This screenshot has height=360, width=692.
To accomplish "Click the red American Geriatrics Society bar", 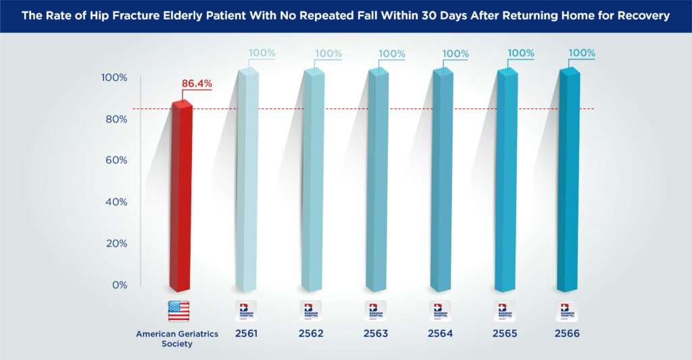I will [182, 196].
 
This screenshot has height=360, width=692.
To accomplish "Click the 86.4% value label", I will [197, 84].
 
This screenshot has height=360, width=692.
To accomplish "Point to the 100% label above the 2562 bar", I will [328, 53].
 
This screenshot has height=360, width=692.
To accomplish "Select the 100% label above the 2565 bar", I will [521, 53].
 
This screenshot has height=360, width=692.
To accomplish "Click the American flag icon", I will [178, 311].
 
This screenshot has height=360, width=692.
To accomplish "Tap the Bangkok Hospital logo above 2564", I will [440, 311].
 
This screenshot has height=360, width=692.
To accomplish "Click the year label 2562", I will [310, 334].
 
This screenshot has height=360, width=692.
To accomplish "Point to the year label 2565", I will [505, 334].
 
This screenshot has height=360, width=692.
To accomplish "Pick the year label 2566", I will [568, 334].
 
